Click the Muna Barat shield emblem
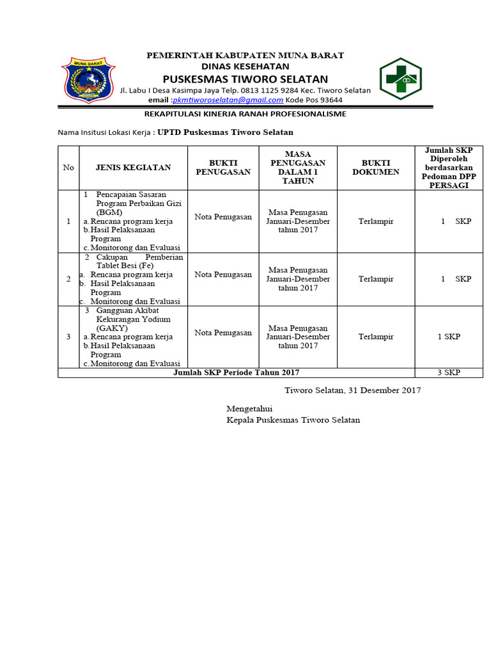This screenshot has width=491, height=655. pyautogui.click(x=89, y=82)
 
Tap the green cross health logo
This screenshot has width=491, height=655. pyautogui.click(x=402, y=79)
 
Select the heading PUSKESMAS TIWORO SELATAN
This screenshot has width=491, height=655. pyautogui.click(x=245, y=79)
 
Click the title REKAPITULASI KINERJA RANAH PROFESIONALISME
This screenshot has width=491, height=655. pyautogui.click(x=245, y=114)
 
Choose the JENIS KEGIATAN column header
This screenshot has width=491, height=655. pyautogui.click(x=133, y=168)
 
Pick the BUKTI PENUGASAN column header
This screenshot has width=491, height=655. pyautogui.click(x=223, y=168)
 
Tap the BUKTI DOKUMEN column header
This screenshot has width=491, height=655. pyautogui.click(x=376, y=168)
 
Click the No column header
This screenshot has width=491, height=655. pyautogui.click(x=68, y=168)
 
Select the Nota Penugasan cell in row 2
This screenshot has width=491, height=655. pyautogui.click(x=223, y=274)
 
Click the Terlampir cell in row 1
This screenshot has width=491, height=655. pyautogui.click(x=376, y=221)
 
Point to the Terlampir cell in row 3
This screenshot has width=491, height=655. pyautogui.click(x=376, y=336)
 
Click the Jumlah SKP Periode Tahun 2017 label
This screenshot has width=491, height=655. pyautogui.click(x=237, y=372)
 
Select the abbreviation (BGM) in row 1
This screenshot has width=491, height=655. pyautogui.click(x=110, y=212)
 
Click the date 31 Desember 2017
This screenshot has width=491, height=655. pyautogui.click(x=384, y=390)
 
